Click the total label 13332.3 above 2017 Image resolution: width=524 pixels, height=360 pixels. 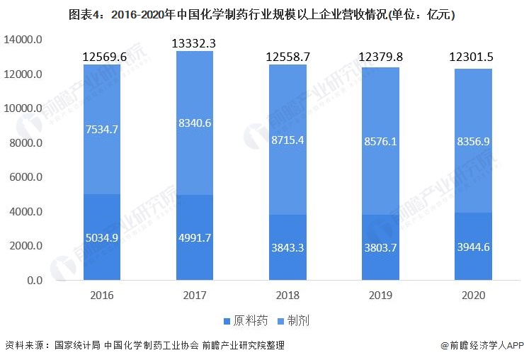coord(194,44)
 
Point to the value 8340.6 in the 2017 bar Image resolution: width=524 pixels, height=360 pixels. coord(194,123)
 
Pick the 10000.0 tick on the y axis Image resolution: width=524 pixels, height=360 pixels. coord(25,109)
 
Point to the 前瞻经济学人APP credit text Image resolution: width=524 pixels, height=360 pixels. coord(482,345)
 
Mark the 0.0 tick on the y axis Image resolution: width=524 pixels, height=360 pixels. coord(34,281)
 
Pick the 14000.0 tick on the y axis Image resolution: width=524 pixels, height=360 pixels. coord(25,40)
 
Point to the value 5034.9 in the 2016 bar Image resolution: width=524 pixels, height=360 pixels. coord(102,237)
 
